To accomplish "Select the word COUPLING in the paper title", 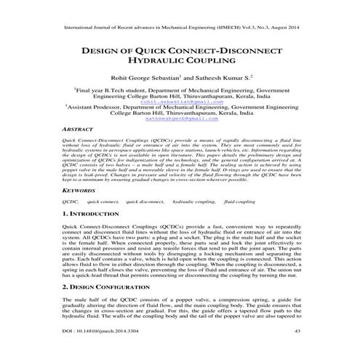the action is (206, 65).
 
